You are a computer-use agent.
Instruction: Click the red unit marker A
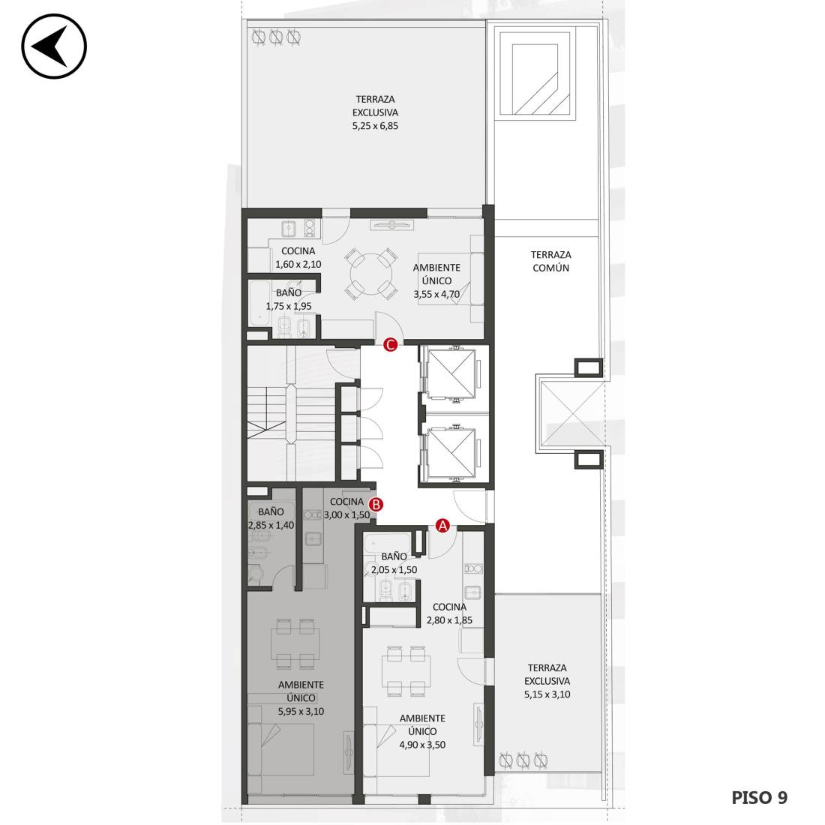442,525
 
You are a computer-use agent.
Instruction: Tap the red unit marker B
376,505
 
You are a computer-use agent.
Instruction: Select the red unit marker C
390,345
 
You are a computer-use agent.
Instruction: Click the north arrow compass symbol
54,46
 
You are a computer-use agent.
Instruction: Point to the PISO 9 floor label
759,798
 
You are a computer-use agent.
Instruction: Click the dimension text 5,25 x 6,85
375,126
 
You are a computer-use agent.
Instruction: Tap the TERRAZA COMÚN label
550,261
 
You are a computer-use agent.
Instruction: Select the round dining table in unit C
371,274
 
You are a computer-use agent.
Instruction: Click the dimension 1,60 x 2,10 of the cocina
298,264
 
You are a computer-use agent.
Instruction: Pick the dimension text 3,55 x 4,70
436,294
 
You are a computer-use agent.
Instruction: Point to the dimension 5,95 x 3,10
301,711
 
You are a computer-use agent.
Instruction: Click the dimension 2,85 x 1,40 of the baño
271,525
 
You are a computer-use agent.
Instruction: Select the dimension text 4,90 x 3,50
422,745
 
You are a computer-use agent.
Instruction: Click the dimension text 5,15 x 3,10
547,694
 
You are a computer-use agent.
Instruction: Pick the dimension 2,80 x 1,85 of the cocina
449,619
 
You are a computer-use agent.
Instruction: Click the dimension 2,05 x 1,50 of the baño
394,569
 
